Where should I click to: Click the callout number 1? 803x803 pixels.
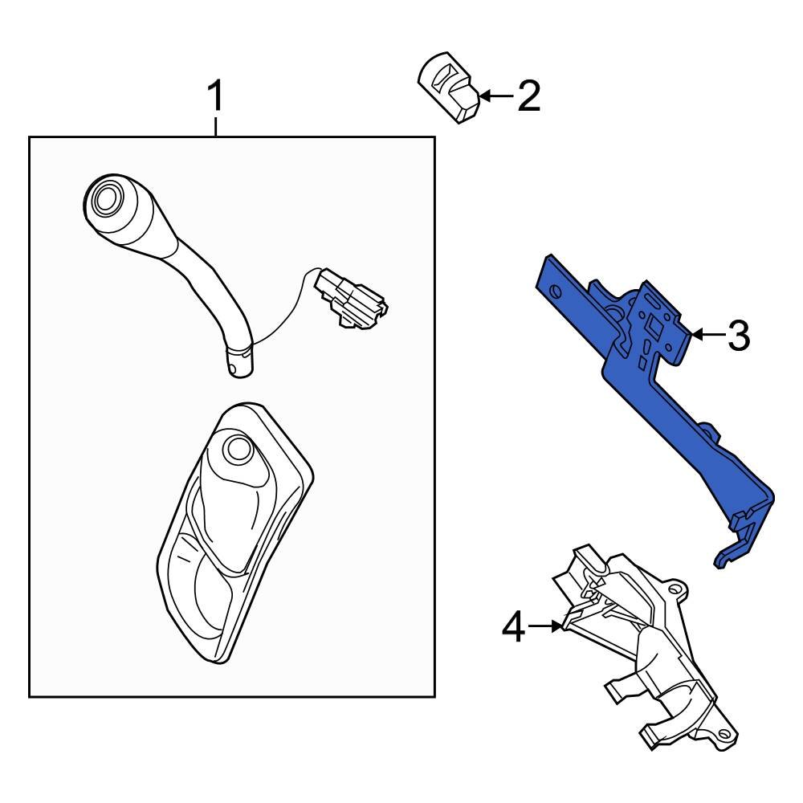coord(214,98)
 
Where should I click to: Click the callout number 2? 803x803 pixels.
coord(529,96)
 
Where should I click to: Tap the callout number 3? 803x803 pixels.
coord(738,335)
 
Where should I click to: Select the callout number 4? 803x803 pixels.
coord(514,626)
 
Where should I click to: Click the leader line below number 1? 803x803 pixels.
coord(215,126)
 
